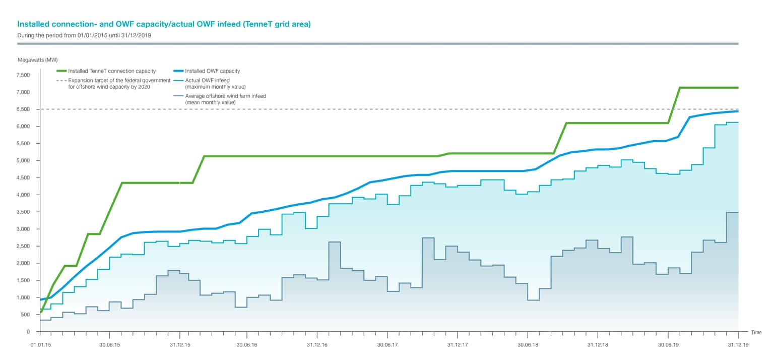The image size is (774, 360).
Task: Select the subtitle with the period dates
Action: tap(84, 36)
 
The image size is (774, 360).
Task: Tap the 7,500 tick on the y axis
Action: tap(23, 75)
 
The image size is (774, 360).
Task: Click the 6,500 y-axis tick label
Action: tap(23, 109)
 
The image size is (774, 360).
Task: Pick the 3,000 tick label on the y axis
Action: tap(23, 229)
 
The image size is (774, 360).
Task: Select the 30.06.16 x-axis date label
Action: tap(247, 345)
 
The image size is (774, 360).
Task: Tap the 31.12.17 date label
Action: tap(457, 345)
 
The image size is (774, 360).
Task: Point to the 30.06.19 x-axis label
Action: tap(668, 345)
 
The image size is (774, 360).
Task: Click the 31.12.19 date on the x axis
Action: tap(738, 345)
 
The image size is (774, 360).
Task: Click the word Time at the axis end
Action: tap(756, 332)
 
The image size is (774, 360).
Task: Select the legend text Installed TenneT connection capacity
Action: tap(112, 71)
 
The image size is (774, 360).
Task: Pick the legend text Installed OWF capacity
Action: tap(212, 71)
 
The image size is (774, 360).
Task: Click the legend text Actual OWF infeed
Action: tap(207, 80)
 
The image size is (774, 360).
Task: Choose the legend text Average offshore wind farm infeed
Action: tap(225, 96)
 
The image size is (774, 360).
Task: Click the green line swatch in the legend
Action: tap(61, 71)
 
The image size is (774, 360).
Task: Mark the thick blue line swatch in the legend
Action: tap(178, 71)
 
